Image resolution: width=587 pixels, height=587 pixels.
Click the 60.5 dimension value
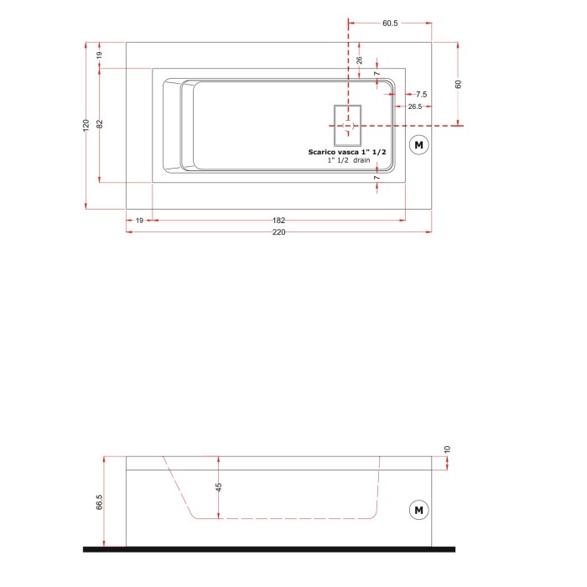click(389, 23)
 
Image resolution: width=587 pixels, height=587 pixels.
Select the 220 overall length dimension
click(278, 232)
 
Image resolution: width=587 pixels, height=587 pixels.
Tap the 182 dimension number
click(278, 221)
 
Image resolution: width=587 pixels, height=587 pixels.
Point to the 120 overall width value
click(86, 125)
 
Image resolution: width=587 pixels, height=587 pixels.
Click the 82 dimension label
click(99, 124)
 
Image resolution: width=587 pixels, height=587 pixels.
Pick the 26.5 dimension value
click(415, 106)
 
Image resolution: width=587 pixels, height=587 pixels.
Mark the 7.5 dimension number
click(421, 95)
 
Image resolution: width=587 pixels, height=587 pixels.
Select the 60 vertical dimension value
click(459, 84)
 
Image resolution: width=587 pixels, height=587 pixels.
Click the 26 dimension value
click(359, 60)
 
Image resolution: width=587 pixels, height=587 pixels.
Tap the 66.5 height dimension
click(100, 501)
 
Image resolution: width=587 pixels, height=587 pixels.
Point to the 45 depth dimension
click(219, 487)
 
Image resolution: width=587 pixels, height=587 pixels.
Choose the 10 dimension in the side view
click(448, 449)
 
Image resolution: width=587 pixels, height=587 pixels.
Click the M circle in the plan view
click(418, 145)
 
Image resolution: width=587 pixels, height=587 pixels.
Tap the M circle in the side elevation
click(418, 509)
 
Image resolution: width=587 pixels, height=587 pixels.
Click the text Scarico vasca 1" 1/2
click(347, 150)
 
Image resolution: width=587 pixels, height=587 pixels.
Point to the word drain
click(361, 159)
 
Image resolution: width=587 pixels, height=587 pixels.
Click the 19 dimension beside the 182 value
click(139, 221)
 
